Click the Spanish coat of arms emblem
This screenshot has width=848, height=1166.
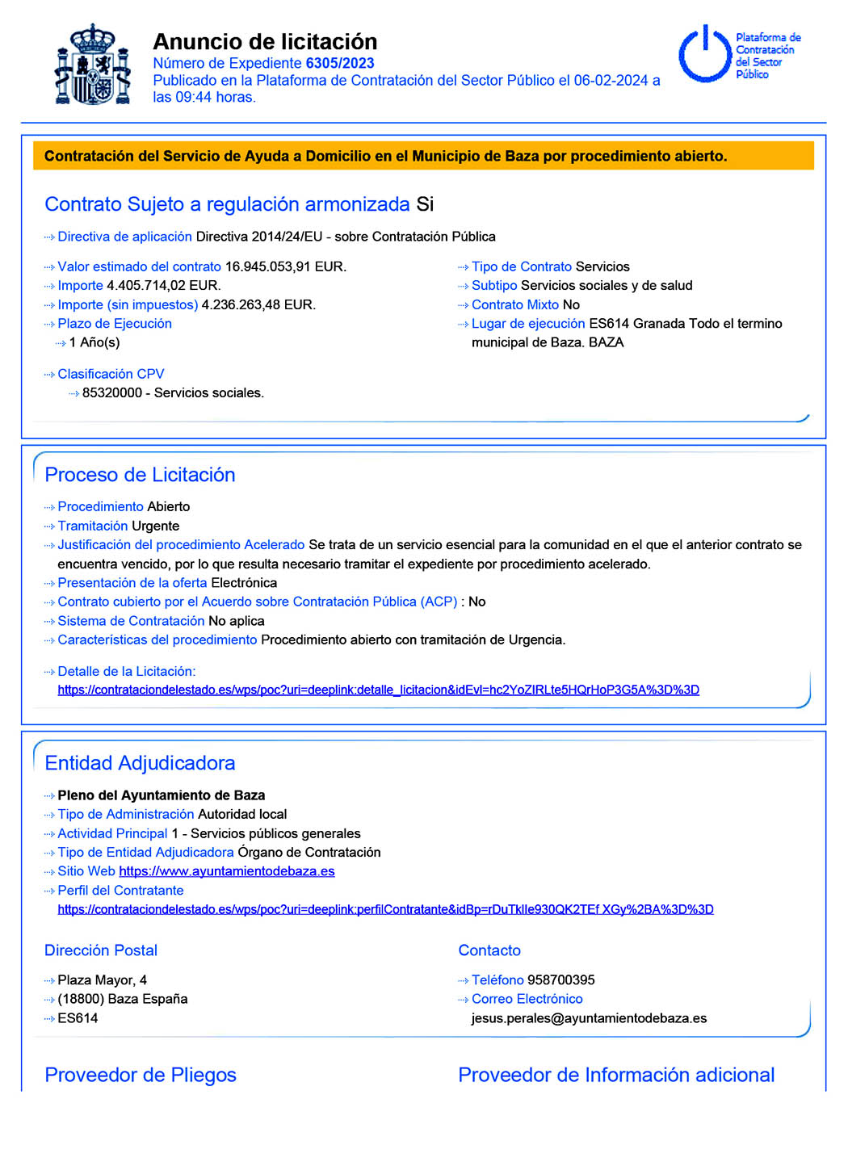click(x=93, y=65)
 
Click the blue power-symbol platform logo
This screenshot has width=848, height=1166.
click(x=704, y=54)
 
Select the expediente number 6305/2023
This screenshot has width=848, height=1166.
click(x=340, y=63)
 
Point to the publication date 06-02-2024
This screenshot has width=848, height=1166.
click(x=611, y=80)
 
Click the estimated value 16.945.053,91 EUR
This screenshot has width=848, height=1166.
click(x=285, y=266)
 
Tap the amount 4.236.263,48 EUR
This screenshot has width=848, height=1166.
click(x=258, y=304)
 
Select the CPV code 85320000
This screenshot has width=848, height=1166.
click(x=112, y=392)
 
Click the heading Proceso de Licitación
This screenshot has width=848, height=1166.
click(x=140, y=475)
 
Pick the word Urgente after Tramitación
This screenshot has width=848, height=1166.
click(x=155, y=526)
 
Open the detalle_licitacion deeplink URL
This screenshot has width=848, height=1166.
click(x=378, y=690)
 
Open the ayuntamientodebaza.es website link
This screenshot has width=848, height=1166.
click(x=226, y=871)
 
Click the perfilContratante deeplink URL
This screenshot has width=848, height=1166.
click(x=385, y=909)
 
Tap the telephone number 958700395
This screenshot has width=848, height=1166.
click(x=560, y=979)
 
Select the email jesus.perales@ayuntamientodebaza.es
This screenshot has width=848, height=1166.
click(x=589, y=1018)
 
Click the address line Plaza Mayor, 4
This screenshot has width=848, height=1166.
click(x=103, y=979)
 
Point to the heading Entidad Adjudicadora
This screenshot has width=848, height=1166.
click(x=140, y=763)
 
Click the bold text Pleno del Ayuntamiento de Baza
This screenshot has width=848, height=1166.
click(x=162, y=795)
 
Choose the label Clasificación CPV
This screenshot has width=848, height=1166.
click(x=111, y=374)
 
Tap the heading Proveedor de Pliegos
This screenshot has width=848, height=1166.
click(x=141, y=1075)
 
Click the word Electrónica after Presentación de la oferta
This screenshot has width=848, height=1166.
click(x=244, y=583)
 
